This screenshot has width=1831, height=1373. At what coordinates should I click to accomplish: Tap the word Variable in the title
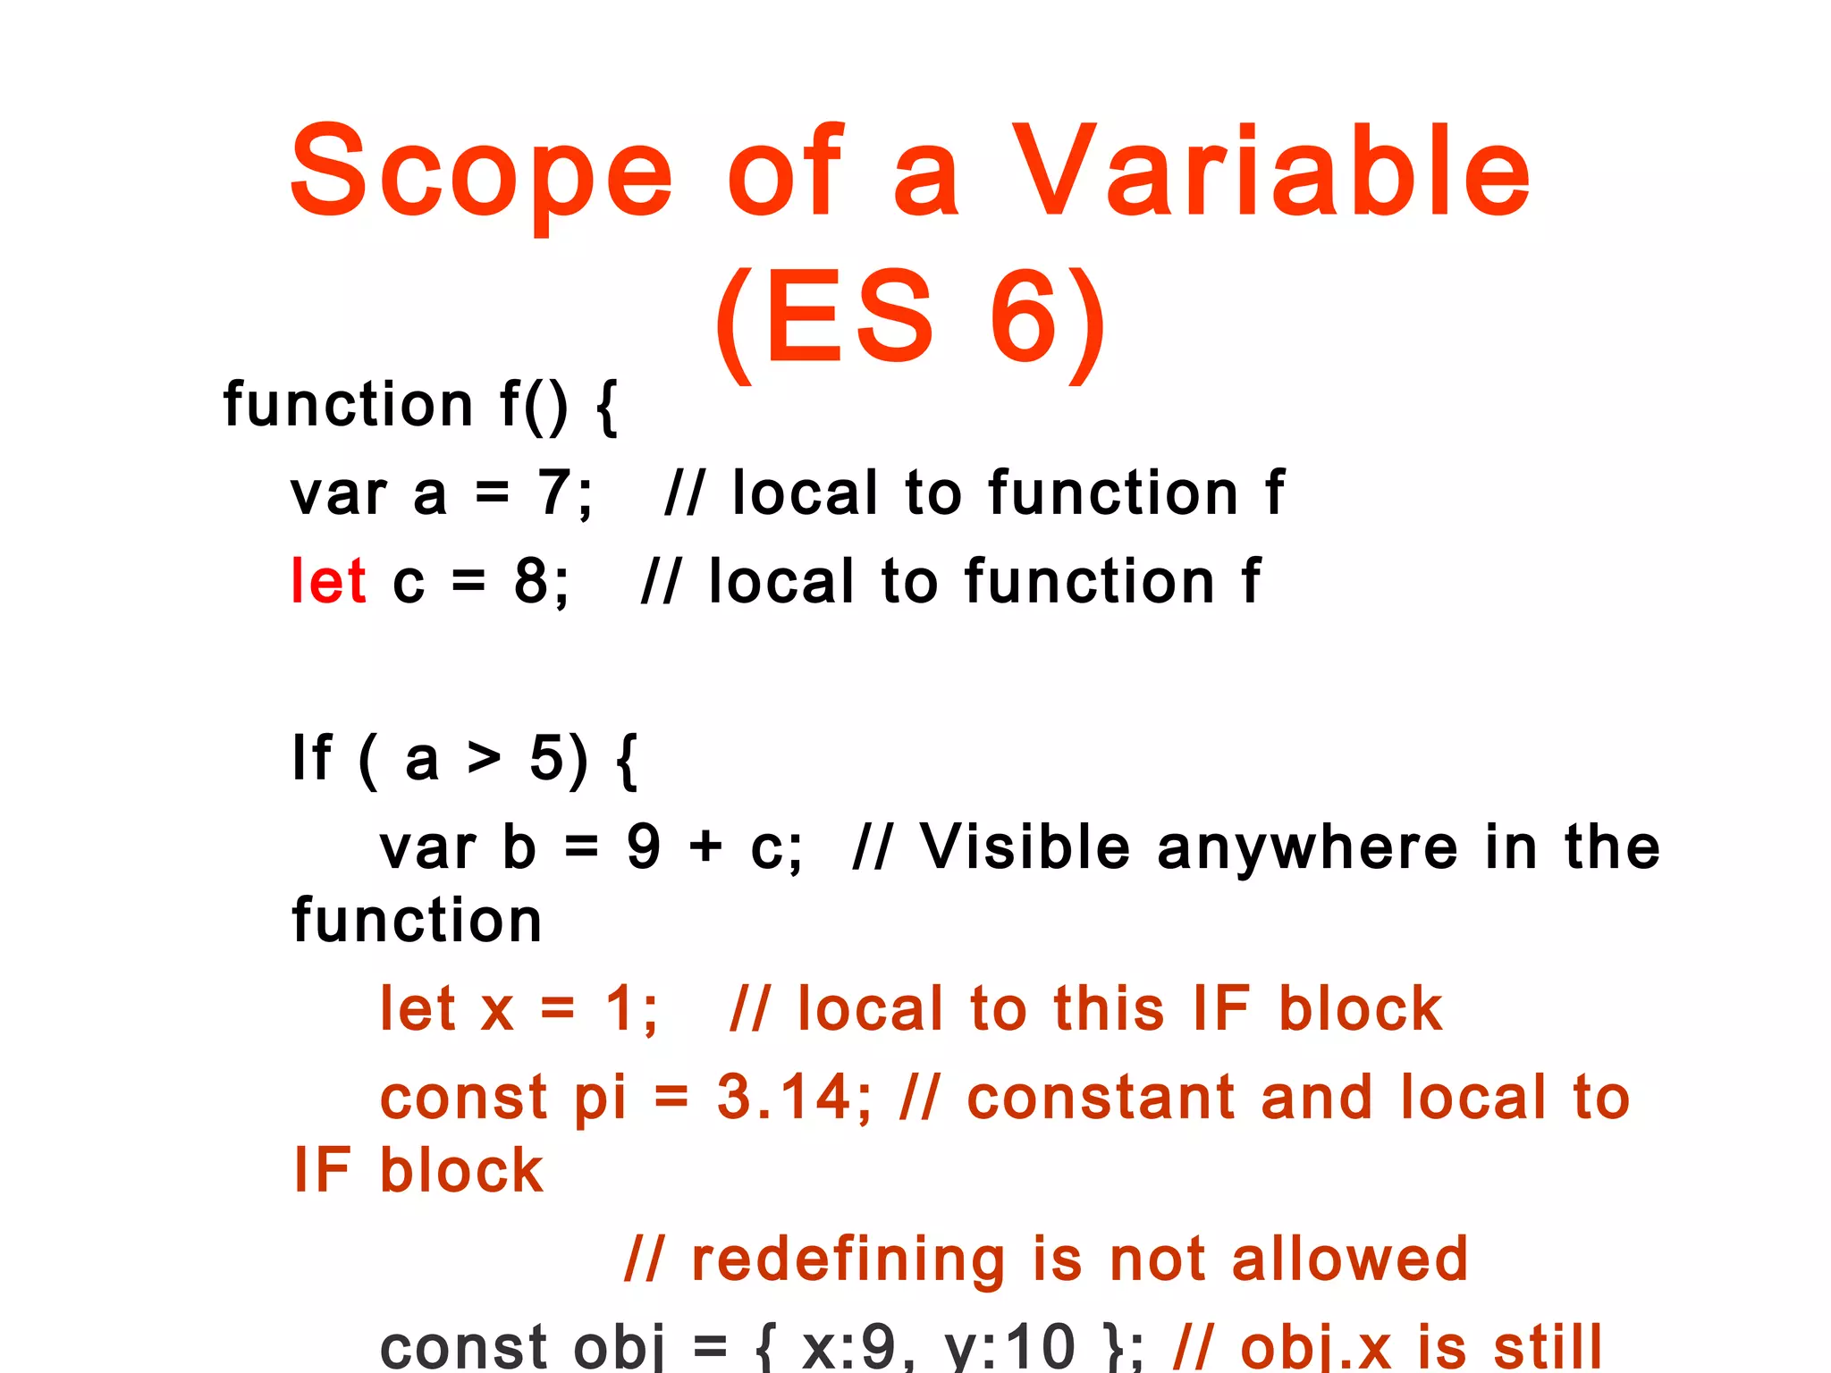coord(1271,172)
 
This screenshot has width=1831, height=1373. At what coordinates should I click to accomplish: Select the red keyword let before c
coord(328,581)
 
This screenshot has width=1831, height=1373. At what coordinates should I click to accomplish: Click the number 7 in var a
coord(553,493)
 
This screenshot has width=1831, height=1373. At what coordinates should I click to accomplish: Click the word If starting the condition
coord(312,758)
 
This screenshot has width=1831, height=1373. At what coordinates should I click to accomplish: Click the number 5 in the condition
coord(546,758)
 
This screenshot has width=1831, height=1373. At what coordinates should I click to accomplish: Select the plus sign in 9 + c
coord(705,847)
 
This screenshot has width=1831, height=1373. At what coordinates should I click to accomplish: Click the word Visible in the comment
coord(1025,846)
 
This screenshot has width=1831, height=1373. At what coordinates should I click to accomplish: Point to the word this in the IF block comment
coord(1109,1008)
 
